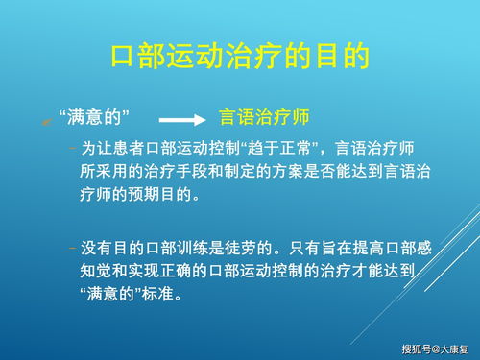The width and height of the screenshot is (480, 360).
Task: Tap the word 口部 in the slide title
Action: (x=139, y=55)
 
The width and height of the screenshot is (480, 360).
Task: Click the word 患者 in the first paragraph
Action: (x=126, y=149)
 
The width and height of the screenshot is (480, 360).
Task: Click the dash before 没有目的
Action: (x=72, y=249)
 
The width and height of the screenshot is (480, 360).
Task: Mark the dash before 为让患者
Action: (x=72, y=149)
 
